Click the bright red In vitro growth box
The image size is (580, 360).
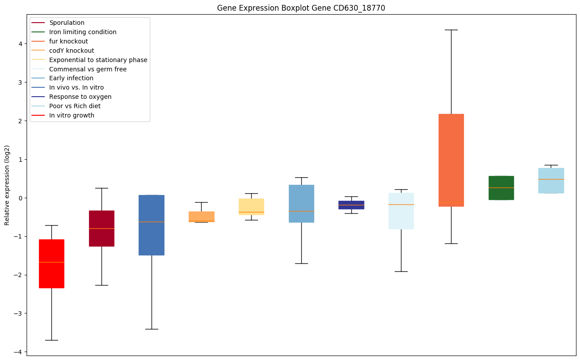(x=51, y=263)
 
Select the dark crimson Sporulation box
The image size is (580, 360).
(x=101, y=228)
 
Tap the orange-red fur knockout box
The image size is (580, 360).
(x=451, y=160)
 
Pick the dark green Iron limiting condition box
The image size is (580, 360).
(x=501, y=188)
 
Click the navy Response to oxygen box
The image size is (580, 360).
(x=351, y=205)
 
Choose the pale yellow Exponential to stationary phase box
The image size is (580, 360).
(x=251, y=207)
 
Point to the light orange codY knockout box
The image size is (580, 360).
(x=201, y=216)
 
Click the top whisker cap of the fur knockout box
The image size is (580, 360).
(x=451, y=30)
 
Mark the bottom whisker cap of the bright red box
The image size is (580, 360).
(x=51, y=340)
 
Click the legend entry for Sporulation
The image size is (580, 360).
(x=67, y=23)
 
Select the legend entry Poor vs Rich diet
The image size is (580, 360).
(x=75, y=106)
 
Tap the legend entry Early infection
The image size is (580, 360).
(x=71, y=78)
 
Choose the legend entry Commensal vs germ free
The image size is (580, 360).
(x=88, y=69)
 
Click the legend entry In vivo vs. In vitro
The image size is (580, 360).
(x=76, y=88)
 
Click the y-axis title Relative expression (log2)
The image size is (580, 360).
(x=7, y=185)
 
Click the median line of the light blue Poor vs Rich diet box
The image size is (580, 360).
(x=551, y=179)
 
